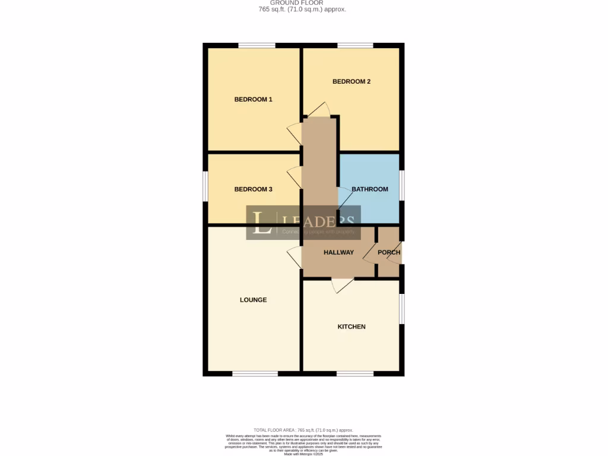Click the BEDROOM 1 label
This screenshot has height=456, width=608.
[253, 99]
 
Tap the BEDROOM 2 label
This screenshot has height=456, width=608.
[351, 81]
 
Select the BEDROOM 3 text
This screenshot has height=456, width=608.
[253, 189]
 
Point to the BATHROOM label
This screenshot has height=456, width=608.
[369, 189]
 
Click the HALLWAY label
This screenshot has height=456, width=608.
[338, 252]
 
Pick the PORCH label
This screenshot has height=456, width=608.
[389, 252]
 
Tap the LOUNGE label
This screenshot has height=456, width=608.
[253, 300]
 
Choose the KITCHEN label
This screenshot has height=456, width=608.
[351, 327]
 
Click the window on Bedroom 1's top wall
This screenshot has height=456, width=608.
[256, 45]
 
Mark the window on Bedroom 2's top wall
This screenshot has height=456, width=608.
[355, 45]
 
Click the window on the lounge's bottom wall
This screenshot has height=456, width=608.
[255, 373]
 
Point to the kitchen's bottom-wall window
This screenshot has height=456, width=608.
[355, 373]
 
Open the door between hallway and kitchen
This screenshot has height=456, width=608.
[343, 284]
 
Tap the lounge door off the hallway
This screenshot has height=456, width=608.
[294, 257]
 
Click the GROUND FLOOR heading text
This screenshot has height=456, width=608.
[305, 3]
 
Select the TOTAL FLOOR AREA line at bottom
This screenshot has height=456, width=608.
[303, 430]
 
